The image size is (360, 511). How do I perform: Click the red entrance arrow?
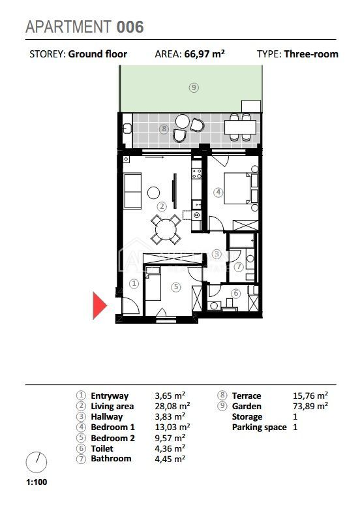pos(99,305)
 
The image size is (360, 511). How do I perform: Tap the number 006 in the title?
pos(130,27)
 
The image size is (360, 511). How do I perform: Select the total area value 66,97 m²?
pos(205,54)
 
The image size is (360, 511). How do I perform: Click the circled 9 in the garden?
pos(194,87)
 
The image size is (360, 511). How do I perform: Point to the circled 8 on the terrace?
pos(164,129)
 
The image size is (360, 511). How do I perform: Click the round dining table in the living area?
pos(166,230)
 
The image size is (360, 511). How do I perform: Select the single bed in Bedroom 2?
pos(153,283)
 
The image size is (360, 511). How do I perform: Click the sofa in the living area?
pos(132,191)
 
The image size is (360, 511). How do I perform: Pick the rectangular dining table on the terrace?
pos(240,127)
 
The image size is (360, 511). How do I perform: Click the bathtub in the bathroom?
pos(242,240)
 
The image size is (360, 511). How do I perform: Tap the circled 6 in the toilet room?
pos(236,293)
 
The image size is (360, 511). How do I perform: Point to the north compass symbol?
pos(37,462)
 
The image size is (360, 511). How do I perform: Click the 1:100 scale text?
pos(37,482)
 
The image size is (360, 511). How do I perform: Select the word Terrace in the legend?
pos(247,395)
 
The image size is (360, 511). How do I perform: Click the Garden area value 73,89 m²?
pos(310,406)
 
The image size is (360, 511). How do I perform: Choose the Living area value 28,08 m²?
pos(172,406)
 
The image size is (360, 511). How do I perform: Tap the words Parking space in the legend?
pos(260,427)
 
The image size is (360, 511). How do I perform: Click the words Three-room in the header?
pos(311,54)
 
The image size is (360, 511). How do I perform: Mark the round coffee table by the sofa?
pos(153,193)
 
